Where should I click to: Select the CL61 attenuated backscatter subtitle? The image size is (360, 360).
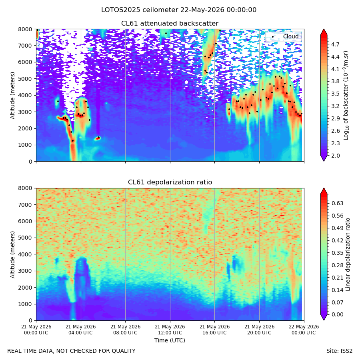coord(170,24)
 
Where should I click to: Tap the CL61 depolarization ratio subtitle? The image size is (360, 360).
coord(170,182)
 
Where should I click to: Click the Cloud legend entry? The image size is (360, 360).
coord(291,36)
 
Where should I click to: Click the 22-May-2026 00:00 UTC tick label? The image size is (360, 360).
coord(304,330)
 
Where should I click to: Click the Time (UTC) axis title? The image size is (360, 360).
coord(170,340)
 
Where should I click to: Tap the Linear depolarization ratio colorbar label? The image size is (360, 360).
coord(348,254)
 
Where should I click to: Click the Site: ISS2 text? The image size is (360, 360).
coord(339,351)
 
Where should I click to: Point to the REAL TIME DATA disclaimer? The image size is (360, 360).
coord(72,351)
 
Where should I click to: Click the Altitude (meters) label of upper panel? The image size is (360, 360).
coord(12,95)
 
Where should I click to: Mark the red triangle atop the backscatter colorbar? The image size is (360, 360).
coord(324,32)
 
